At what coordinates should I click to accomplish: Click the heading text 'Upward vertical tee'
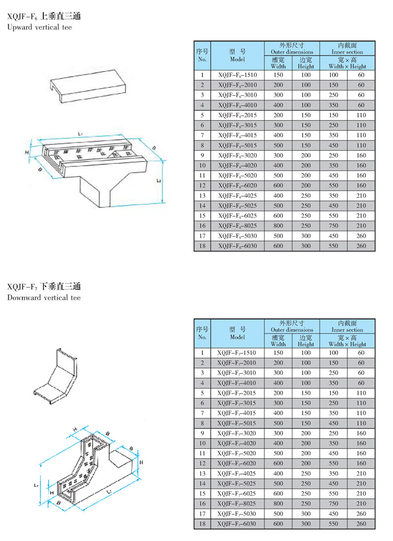point(39,27)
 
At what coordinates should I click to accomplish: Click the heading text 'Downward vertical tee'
point(44,298)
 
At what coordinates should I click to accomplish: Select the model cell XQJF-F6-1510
point(238,75)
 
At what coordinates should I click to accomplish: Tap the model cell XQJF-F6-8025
point(238,225)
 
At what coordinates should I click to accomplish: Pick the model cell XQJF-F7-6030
point(237,524)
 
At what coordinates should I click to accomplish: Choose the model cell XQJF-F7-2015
point(237,393)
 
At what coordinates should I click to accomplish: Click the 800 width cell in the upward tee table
point(279,225)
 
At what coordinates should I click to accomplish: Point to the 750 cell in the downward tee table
point(334,504)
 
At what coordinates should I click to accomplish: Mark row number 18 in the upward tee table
point(202,245)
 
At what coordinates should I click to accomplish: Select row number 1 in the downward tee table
point(202,353)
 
